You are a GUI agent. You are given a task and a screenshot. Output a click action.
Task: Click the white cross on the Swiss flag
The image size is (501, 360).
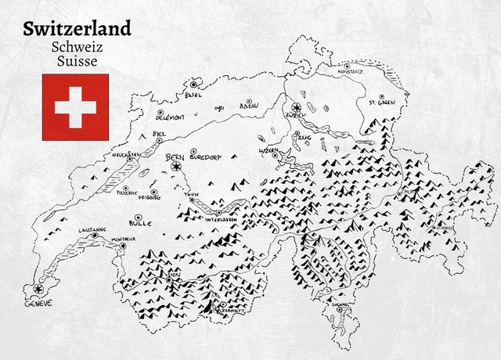click(x=76, y=107)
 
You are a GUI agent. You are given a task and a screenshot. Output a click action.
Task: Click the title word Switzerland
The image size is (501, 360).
click(x=77, y=29)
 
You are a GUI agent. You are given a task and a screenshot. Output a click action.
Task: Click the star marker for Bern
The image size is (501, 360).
click(x=176, y=166)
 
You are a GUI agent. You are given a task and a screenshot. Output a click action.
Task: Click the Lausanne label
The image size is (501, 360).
click(x=92, y=229)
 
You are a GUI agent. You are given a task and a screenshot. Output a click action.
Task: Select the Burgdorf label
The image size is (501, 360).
click(x=206, y=157)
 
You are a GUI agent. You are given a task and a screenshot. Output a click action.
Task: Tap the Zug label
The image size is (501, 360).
click(x=305, y=137)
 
